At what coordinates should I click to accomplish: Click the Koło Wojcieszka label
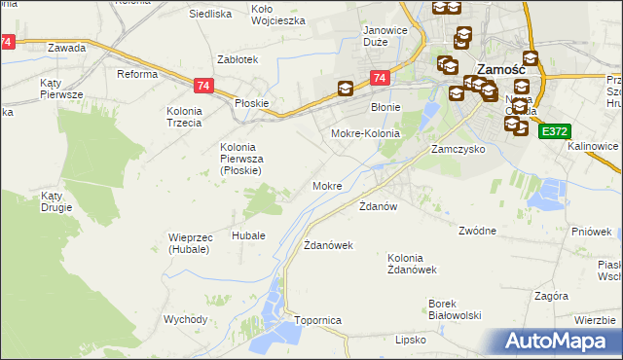click(277, 14)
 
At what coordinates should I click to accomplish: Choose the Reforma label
click(137, 74)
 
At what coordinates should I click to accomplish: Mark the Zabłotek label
click(238, 59)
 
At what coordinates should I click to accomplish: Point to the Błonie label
click(385, 106)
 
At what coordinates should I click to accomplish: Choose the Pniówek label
click(593, 232)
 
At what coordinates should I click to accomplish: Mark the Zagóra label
click(551, 293)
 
